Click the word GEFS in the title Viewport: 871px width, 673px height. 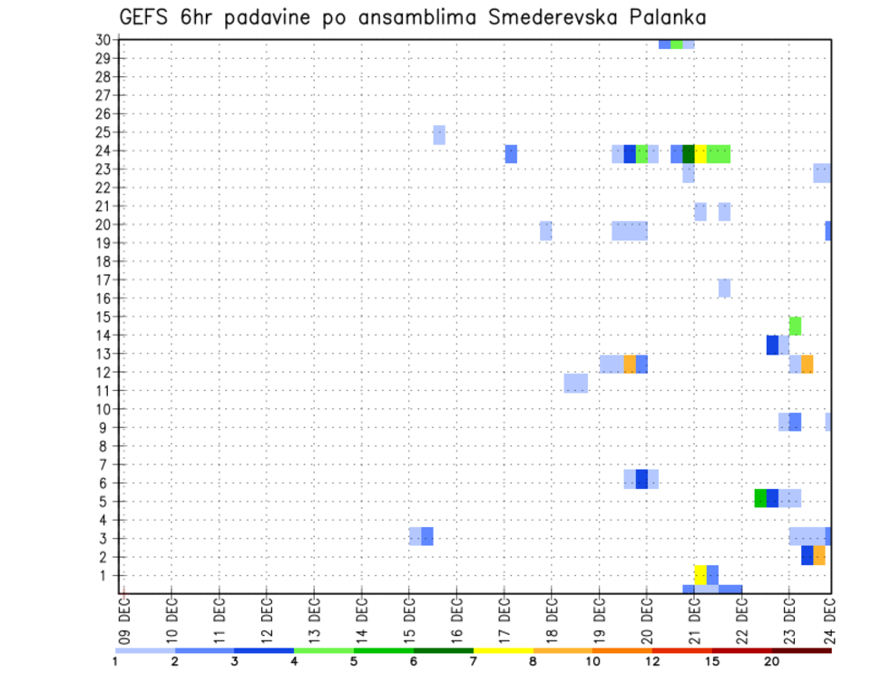[145, 17]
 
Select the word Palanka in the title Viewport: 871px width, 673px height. [667, 17]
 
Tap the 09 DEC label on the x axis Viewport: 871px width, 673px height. [124, 619]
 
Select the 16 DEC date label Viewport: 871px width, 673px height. [456, 619]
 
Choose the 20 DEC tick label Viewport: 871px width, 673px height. [646, 619]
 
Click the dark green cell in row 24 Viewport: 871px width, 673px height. [689, 154]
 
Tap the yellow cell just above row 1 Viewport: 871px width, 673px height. [700, 575]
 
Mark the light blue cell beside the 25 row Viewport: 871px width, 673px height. [439, 135]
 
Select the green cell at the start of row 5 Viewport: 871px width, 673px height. [760, 498]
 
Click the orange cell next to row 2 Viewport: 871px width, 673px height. [819, 555]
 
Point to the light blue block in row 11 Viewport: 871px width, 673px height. [575, 383]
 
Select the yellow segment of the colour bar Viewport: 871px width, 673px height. [503, 650]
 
